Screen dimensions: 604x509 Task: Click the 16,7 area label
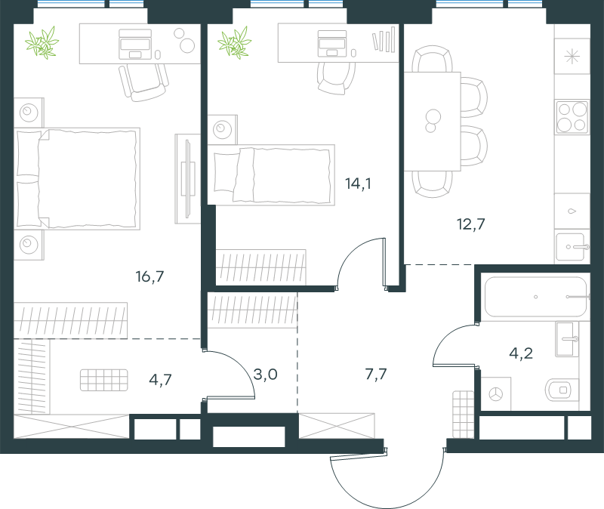(x=149, y=276)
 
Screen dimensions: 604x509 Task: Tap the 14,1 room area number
(x=358, y=184)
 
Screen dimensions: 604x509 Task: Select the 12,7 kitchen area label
(x=470, y=224)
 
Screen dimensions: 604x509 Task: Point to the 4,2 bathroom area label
(x=521, y=353)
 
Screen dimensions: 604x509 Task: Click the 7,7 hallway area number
(x=376, y=374)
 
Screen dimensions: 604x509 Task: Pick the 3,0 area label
(x=266, y=374)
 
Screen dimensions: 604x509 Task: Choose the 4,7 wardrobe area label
(x=160, y=380)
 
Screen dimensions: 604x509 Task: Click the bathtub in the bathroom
(x=535, y=297)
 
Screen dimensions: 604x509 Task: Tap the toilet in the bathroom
(x=562, y=390)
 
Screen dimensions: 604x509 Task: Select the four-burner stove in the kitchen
(x=572, y=117)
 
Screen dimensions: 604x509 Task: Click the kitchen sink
(x=571, y=247)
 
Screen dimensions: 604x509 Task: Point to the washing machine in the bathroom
(x=496, y=393)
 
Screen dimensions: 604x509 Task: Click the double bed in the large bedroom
(x=77, y=179)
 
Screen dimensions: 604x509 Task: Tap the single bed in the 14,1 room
(x=271, y=175)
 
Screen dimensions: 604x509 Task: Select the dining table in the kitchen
(x=432, y=122)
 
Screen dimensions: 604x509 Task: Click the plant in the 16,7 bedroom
(x=42, y=42)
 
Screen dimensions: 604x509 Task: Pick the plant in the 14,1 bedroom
(x=234, y=42)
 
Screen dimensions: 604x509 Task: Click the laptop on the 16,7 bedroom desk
(x=135, y=45)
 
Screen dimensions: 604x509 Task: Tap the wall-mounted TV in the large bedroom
(x=187, y=179)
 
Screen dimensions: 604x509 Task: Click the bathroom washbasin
(x=567, y=339)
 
